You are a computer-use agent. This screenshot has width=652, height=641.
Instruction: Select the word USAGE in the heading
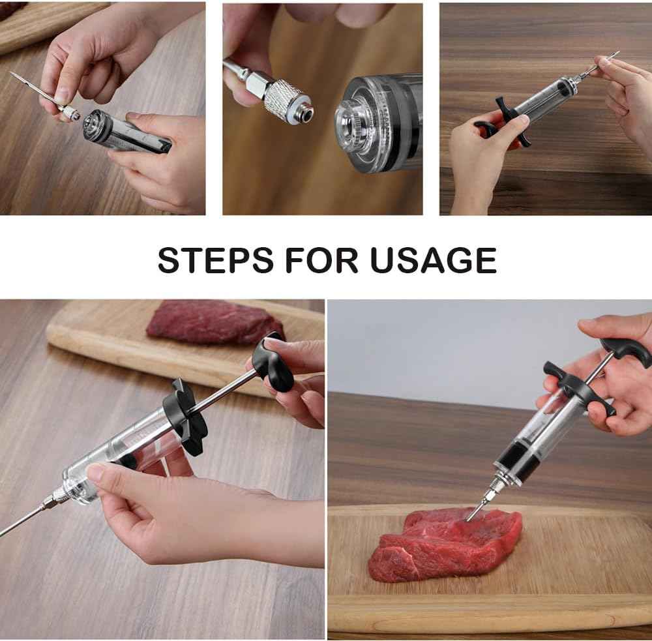click(x=434, y=260)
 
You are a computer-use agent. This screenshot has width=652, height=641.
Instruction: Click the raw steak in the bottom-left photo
click(x=207, y=321)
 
